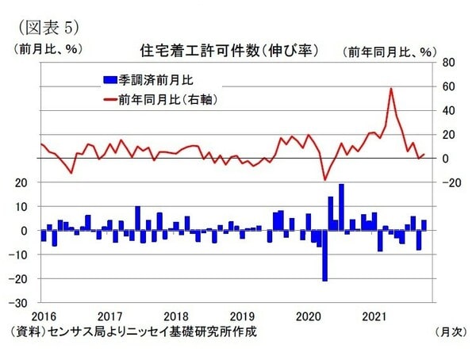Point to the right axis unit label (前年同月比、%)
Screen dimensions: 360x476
390,52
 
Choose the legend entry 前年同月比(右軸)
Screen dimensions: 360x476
162,100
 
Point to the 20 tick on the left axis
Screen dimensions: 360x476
23,182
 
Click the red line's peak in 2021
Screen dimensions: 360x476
391,89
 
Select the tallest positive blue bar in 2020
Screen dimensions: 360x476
341,207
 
